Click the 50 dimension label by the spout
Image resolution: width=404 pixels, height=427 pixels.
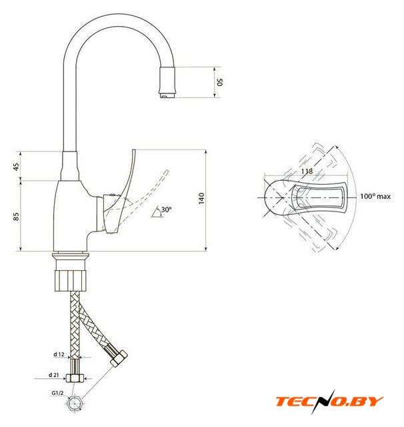tap(220, 82)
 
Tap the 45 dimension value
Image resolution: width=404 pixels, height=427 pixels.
tap(16, 167)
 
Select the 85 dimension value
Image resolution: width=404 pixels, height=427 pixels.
tap(16, 216)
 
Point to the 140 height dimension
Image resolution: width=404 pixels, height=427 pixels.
tap(201, 198)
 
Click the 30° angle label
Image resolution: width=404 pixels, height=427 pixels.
tap(166, 209)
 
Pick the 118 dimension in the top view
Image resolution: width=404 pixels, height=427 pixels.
tap(307, 171)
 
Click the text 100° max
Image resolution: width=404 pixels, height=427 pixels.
tap(375, 196)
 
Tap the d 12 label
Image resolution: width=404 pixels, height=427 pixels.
tap(59, 354)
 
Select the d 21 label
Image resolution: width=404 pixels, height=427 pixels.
tap(53, 375)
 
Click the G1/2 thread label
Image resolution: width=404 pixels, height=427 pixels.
tap(57, 393)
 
